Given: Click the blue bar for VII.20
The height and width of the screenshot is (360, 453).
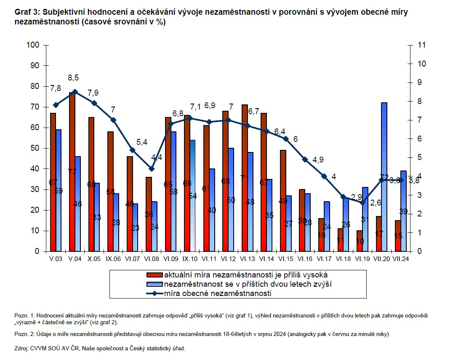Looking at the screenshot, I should click(x=384, y=177).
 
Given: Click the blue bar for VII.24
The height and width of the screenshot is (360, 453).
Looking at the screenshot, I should click(x=403, y=211).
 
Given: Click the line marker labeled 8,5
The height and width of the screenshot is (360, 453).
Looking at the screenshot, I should click(x=75, y=92).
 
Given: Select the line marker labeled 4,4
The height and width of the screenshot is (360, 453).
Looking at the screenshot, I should click(x=152, y=168).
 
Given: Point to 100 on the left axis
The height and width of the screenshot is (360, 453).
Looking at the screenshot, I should click(x=32, y=45).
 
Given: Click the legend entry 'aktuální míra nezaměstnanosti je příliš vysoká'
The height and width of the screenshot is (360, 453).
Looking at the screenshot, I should click(x=238, y=275).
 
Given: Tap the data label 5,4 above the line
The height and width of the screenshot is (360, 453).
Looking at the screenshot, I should click(x=141, y=142).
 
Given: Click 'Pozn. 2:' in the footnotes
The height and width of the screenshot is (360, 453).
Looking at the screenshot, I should click(x=25, y=334).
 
